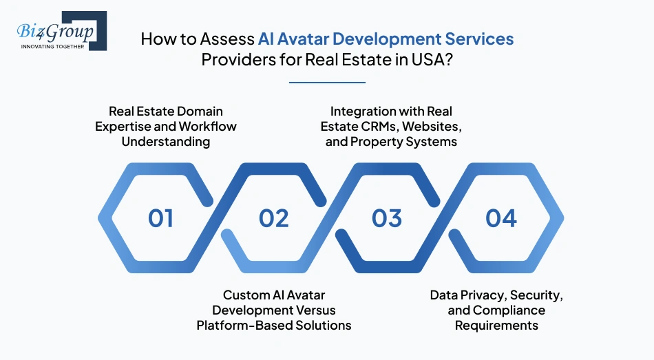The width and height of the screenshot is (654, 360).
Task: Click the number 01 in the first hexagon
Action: [x=160, y=218]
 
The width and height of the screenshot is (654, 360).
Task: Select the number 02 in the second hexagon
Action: [x=273, y=218]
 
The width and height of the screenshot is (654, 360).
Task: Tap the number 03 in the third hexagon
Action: [x=386, y=218]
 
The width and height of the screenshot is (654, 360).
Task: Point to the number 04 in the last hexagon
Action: [x=500, y=218]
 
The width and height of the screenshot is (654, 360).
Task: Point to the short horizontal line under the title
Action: [x=327, y=83]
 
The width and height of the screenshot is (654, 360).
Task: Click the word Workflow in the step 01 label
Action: [x=207, y=127]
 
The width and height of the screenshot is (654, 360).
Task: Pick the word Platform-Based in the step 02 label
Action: [x=243, y=325]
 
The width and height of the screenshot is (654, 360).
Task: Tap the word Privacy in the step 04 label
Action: [x=482, y=295]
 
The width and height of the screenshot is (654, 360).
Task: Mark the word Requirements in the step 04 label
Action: [x=496, y=325]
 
